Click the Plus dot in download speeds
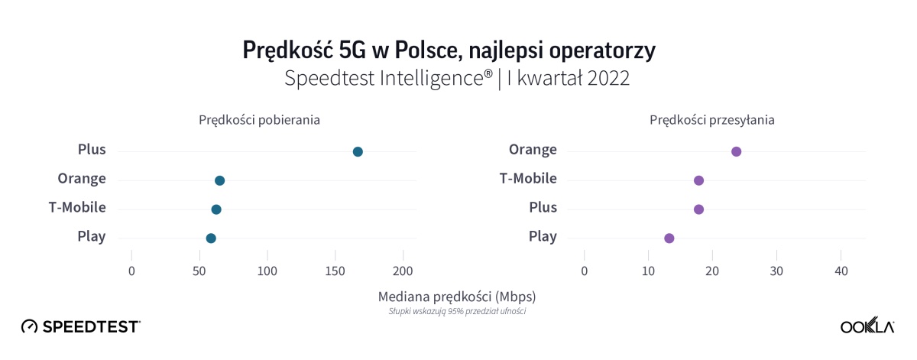coord(358,151)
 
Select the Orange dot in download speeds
coord(219,180)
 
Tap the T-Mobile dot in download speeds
coord(216,209)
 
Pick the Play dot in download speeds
coord(211,238)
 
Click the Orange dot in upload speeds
coord(737,151)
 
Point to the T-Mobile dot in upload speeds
coord(698,180)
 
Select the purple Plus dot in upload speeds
coord(698,209)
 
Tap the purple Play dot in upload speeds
coord(669,238)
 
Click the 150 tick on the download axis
coord(335,271)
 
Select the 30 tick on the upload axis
coord(776,271)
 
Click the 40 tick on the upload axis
coord(841,271)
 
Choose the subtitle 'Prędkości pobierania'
coord(259,120)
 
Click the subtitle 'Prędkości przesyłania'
coord(712,120)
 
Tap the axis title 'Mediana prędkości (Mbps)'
coord(457,296)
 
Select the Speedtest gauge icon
coord(29,326)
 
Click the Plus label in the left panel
coord(92,150)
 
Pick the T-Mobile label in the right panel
coord(528,179)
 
